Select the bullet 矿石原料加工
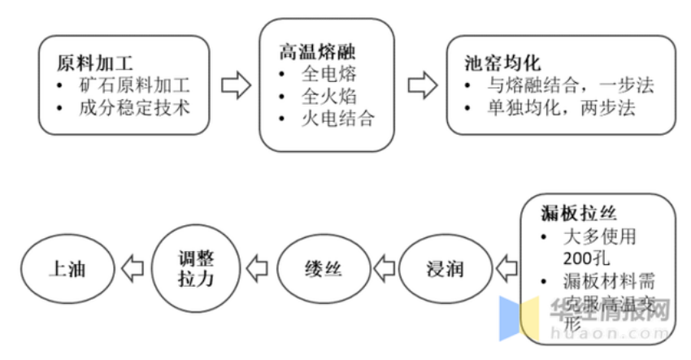(x=134, y=85)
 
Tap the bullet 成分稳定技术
(x=134, y=107)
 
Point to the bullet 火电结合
(x=337, y=119)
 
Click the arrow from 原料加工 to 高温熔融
(x=235, y=85)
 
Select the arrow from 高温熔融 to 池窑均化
(x=420, y=85)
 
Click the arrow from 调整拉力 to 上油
(x=133, y=267)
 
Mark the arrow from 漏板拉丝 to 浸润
(x=506, y=267)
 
